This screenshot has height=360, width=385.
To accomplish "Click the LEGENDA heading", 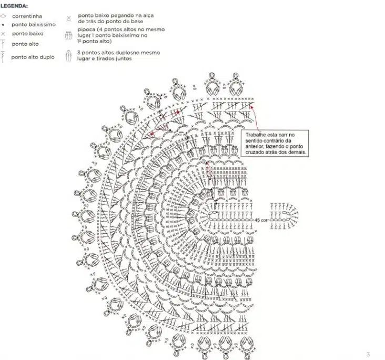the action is [x=14, y=6].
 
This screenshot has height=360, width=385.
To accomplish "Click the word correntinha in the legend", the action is [x=27, y=16].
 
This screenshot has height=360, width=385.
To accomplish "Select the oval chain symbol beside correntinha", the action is [x=3, y=16].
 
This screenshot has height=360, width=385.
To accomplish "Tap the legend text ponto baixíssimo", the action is [x=34, y=25].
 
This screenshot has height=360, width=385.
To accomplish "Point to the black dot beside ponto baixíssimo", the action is [x=3, y=25].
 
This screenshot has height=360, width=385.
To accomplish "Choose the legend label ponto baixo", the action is [x=28, y=34].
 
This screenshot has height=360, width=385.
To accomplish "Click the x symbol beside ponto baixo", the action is [x=3, y=34].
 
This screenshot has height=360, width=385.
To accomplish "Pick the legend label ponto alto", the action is [x=25, y=44].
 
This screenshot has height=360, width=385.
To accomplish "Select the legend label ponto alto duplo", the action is [x=33, y=57].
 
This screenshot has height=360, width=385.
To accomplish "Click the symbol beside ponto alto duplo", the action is [x=3, y=57].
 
